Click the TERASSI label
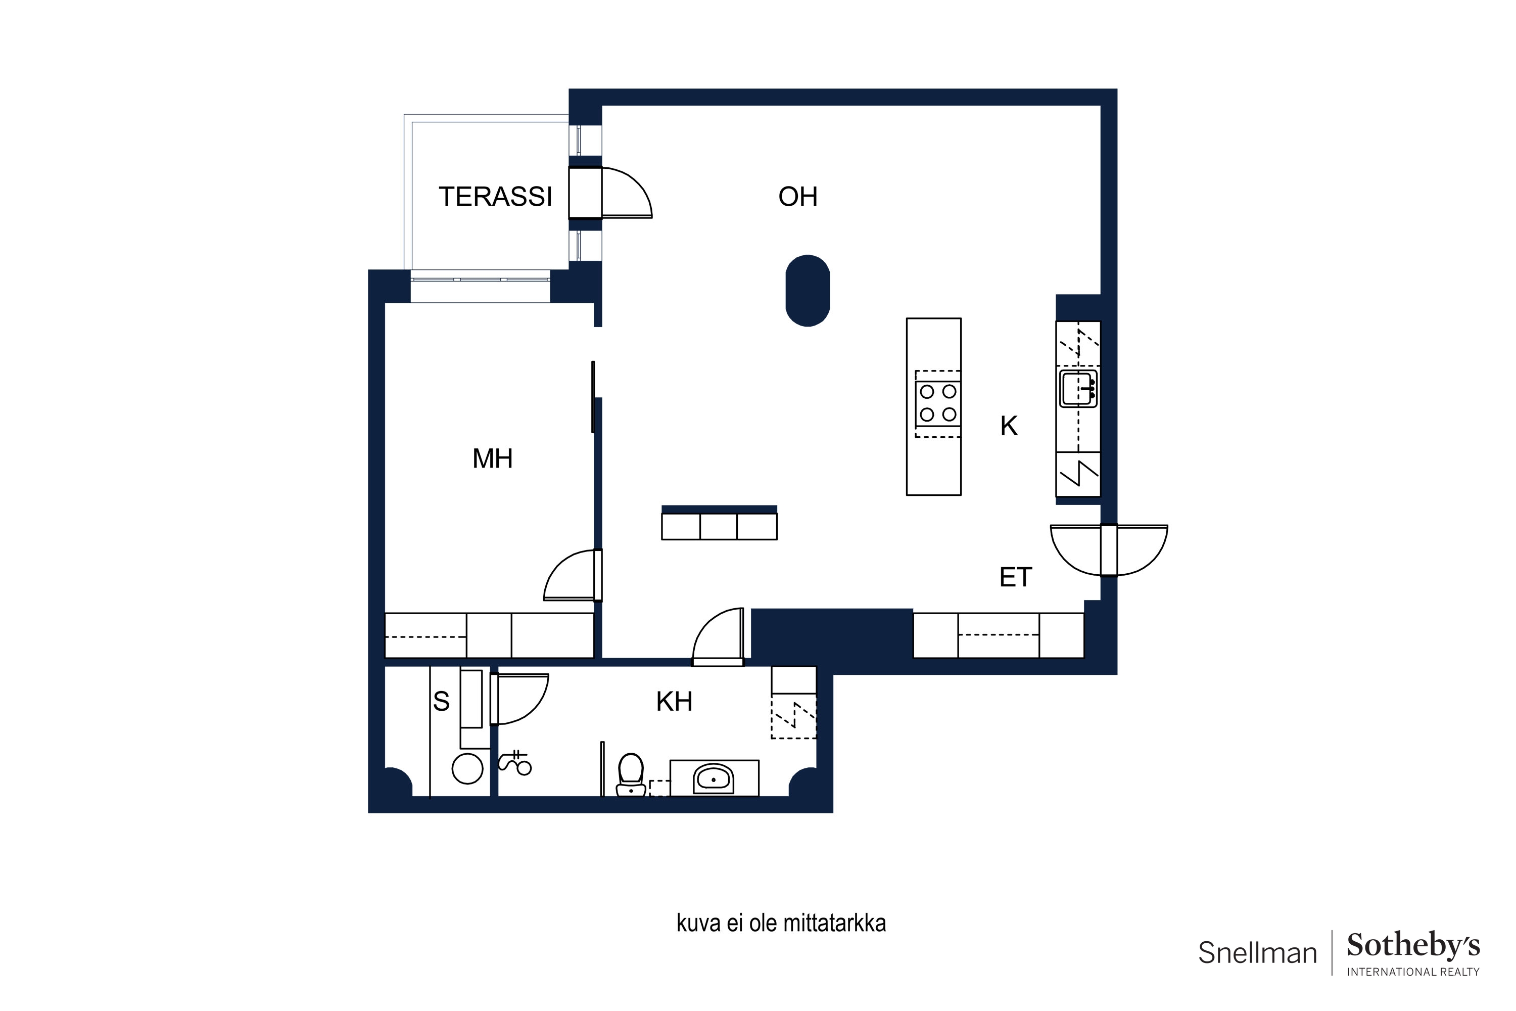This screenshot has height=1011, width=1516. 495,197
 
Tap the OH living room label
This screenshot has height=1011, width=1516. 797,197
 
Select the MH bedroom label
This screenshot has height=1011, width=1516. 492,459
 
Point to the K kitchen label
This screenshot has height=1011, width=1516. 1009,426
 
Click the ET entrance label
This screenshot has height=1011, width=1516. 1016,578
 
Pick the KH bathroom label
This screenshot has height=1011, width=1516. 674,702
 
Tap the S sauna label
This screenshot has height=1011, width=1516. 441,702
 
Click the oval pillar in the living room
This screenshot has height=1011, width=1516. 807,291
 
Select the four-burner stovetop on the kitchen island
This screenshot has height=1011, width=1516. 938,403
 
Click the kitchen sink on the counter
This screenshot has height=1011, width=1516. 1078,388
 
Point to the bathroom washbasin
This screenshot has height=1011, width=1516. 713,779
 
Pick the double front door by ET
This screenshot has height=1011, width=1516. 1109,550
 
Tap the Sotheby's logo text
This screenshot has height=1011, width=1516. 1413,946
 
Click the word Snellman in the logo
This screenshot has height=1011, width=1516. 1257,953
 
